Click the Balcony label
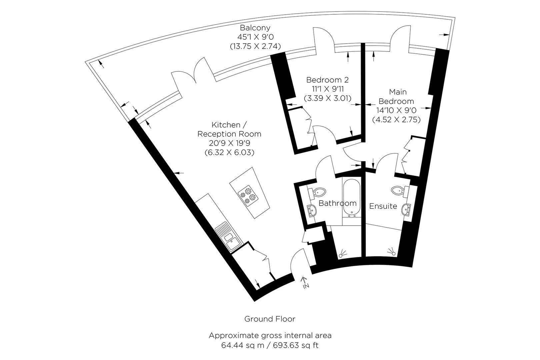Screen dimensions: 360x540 pyautogui.click(x=255, y=28)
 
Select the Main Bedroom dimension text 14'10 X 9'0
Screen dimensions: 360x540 pyautogui.click(x=396, y=110)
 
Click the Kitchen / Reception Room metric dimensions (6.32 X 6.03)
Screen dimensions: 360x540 pyautogui.click(x=229, y=153)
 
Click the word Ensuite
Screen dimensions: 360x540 pyautogui.click(x=383, y=206)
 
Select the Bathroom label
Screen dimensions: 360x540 pyautogui.click(x=337, y=203)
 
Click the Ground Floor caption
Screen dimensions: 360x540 pyautogui.click(x=270, y=319)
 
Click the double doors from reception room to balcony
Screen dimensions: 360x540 pyautogui.click(x=192, y=72)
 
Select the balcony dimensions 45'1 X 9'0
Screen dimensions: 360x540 pyautogui.click(x=255, y=37)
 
